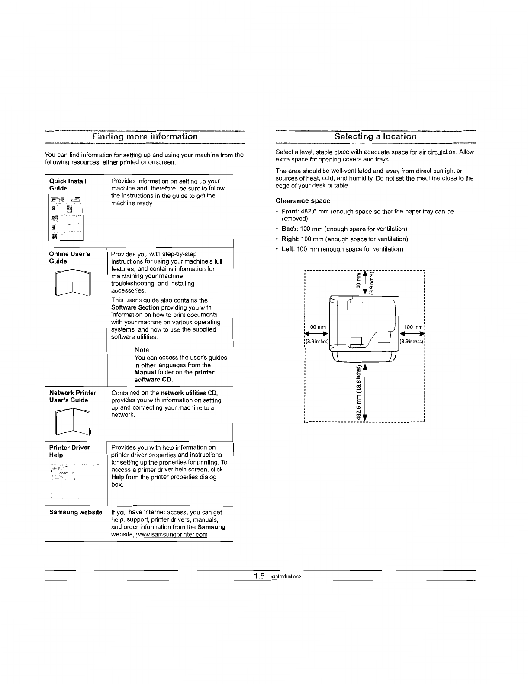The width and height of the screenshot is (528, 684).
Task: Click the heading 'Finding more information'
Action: coord(145,136)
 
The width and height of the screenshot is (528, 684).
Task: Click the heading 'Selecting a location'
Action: coord(376,136)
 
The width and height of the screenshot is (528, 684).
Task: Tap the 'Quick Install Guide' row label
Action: coord(68,185)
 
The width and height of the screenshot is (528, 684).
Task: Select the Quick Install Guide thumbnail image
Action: coord(66,217)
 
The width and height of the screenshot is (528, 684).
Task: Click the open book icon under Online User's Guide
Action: coord(73,282)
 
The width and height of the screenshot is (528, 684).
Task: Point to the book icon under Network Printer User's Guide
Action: coord(73,421)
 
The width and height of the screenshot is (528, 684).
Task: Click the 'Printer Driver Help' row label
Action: coord(70,451)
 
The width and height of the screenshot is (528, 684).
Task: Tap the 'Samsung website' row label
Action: coord(76,512)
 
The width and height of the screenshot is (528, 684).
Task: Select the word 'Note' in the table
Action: coord(142,350)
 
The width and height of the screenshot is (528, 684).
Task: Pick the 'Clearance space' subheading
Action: coord(303,201)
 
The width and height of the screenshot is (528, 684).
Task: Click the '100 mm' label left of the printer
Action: coord(316,327)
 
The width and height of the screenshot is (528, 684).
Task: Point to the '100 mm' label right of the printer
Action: coord(413,327)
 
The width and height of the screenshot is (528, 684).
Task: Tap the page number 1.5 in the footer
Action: coord(260,576)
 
